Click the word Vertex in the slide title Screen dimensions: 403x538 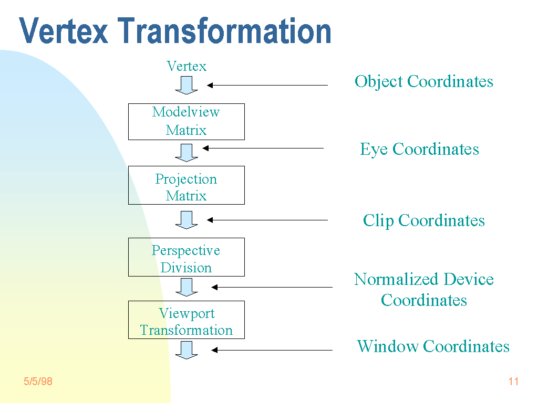64,31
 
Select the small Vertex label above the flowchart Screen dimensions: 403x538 187,66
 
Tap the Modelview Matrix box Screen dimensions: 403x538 187,121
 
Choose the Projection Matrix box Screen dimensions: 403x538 187,185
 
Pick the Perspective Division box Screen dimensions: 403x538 187,257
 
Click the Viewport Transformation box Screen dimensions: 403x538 187,320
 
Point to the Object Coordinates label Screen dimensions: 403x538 424,81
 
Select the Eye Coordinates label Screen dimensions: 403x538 419,149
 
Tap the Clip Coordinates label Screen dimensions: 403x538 423,220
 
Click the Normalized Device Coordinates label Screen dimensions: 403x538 424,290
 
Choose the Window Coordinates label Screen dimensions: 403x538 433,346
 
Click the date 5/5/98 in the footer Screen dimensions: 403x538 38,381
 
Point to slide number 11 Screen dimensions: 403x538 513,381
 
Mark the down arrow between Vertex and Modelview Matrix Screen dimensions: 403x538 187,85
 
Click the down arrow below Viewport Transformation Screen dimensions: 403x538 187,350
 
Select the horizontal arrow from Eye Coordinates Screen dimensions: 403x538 263,149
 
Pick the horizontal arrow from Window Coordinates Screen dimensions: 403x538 272,350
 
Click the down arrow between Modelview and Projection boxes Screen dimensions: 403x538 187,153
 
